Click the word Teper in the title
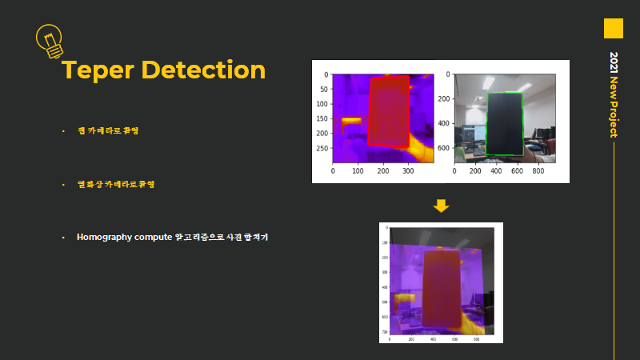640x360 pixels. pos(99,70)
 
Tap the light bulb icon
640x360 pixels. pos(50,40)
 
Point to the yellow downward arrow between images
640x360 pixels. pos(441,206)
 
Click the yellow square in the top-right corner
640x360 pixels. pos(613,28)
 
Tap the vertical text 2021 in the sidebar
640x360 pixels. pos(614,63)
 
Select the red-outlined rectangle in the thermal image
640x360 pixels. pos(389,112)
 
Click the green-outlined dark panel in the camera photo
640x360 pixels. pos(506,124)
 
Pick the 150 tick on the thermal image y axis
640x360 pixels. pos(323,119)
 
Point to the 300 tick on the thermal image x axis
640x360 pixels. pos(409,170)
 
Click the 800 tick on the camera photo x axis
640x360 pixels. pos(538,170)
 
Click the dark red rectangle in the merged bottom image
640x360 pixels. pos(442,288)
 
